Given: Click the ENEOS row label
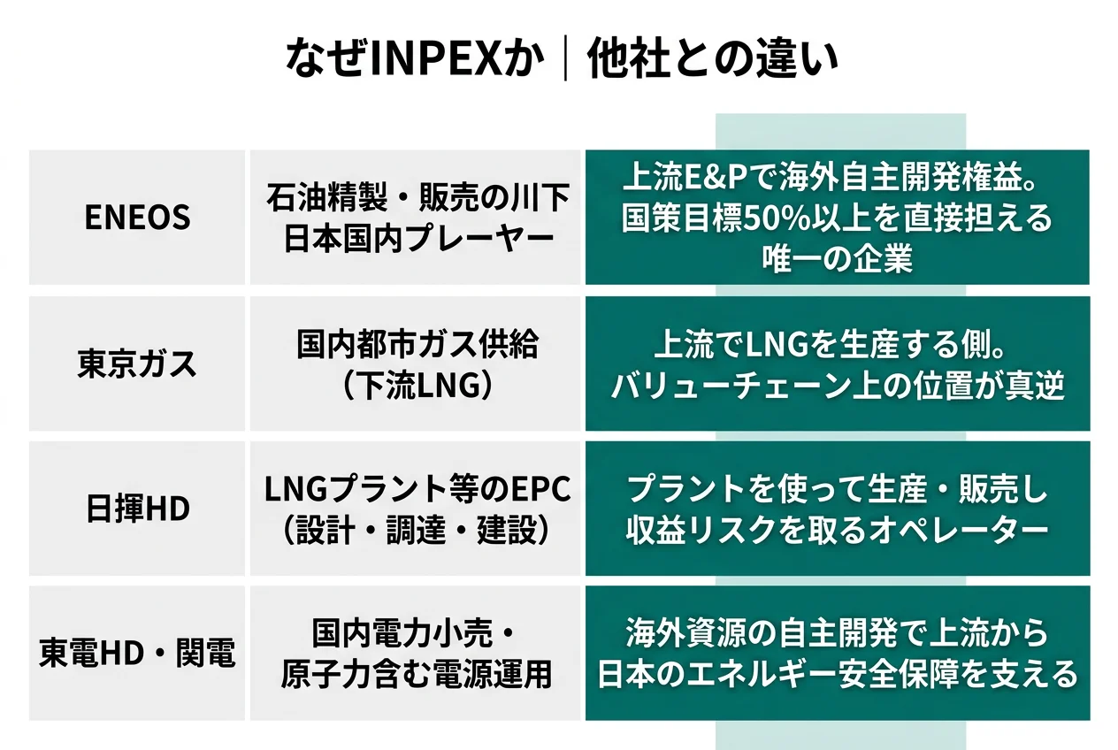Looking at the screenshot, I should point(137,218).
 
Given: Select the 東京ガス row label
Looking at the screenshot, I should point(137,364).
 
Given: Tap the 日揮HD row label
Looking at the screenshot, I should point(137,509).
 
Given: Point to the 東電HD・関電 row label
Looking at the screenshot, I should point(137,654).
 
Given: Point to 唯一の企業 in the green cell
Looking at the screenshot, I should point(837,258).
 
